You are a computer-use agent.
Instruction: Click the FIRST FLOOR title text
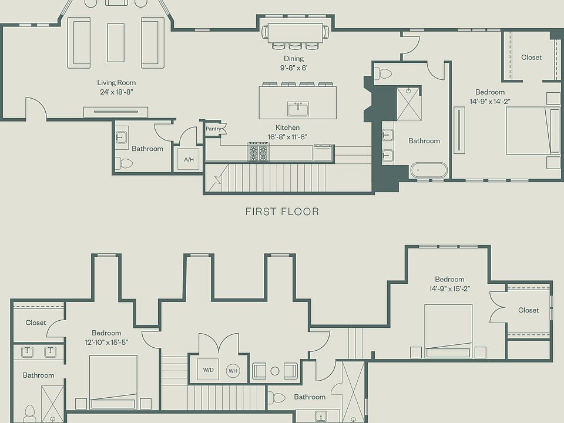pyautogui.click(x=283, y=211)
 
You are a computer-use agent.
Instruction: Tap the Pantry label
pyautogui.click(x=213, y=129)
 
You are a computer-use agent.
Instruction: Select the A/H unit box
pyautogui.click(x=189, y=159)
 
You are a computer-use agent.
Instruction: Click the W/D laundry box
pyautogui.click(x=208, y=370)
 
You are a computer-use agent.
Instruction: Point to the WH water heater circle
pyautogui.click(x=233, y=371)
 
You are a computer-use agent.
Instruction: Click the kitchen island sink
pyautogui.click(x=298, y=109)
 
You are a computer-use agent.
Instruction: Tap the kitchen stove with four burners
pyautogui.click(x=258, y=152)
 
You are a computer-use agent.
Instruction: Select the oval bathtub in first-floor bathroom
pyautogui.click(x=429, y=170)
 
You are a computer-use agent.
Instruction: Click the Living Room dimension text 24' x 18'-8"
pyautogui.click(x=116, y=92)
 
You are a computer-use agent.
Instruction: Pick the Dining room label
pyautogui.click(x=294, y=58)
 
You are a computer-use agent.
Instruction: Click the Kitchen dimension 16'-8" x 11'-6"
pyautogui.click(x=287, y=137)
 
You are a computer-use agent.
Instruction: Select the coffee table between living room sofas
pyautogui.click(x=116, y=43)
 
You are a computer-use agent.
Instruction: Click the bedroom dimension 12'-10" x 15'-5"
pyautogui.click(x=106, y=343)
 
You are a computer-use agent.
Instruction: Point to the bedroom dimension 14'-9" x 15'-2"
pyautogui.click(x=449, y=289)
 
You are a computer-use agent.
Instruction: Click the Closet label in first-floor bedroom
pyautogui.click(x=531, y=57)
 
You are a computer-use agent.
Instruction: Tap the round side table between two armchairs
pyautogui.click(x=275, y=371)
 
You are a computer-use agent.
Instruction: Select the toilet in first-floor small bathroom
pyautogui.click(x=124, y=163)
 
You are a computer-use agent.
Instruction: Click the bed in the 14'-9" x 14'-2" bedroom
pyautogui.click(x=533, y=130)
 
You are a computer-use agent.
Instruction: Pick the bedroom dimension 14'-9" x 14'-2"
pyautogui.click(x=490, y=102)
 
